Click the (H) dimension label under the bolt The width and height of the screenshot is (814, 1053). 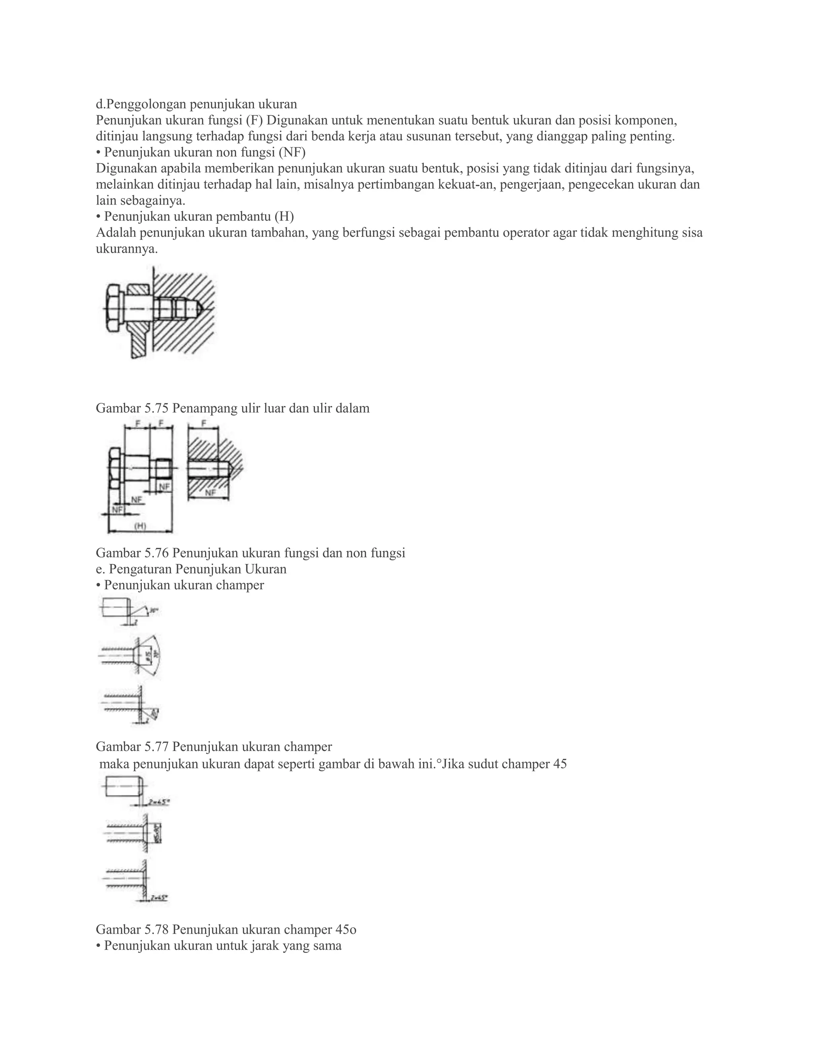coord(140,526)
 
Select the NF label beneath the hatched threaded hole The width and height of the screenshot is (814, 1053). coord(210,493)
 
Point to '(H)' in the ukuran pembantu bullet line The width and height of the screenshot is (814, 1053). coord(284,217)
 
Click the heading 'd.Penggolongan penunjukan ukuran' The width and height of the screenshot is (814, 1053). coord(196,104)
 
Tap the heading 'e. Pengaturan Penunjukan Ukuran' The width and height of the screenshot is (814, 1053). coord(191,569)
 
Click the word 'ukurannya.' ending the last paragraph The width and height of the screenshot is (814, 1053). coord(127,249)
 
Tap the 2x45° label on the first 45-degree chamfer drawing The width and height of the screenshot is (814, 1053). coord(158,802)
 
